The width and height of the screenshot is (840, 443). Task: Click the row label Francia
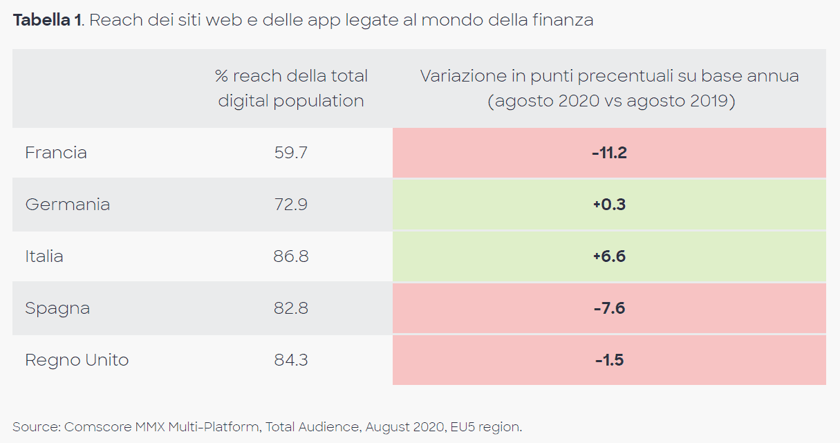pos(56,153)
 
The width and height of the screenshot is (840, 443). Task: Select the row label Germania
pos(68,205)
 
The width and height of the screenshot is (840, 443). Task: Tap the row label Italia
pos(44,256)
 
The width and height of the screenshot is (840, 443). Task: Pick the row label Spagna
pos(57,308)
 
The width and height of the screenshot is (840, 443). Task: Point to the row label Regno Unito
pos(77,360)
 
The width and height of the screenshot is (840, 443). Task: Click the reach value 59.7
pos(290,153)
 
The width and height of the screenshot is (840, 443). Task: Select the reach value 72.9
pos(290,205)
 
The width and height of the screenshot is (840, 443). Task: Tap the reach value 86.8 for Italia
pos(290,256)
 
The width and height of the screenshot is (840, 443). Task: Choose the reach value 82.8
pos(290,308)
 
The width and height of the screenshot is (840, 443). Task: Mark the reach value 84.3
pos(290,360)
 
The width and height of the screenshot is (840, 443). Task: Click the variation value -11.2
pos(609,153)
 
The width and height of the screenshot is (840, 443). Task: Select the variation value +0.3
pos(609,205)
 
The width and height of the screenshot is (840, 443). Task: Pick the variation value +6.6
pos(609,256)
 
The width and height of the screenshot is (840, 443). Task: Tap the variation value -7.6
pos(609,308)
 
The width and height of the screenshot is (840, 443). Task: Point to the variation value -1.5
pos(609,360)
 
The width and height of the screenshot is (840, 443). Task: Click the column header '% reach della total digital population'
pos(290,88)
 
